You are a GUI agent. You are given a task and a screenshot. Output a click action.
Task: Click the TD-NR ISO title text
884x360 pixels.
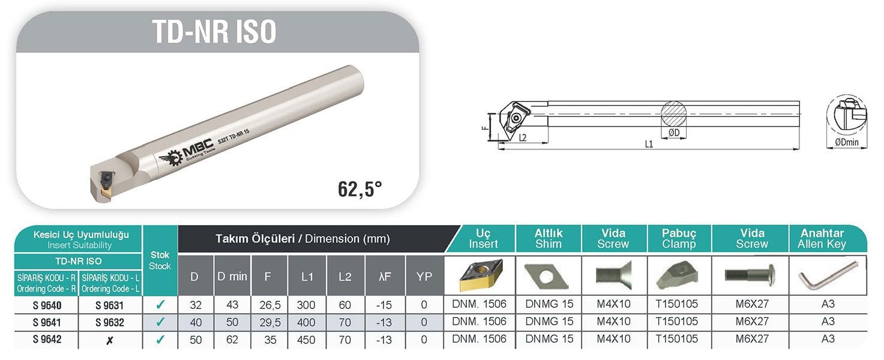pos(214,32)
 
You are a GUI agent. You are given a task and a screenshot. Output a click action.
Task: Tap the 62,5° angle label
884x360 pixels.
pos(359,188)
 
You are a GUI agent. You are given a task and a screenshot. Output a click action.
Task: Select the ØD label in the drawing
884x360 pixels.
pos(674,132)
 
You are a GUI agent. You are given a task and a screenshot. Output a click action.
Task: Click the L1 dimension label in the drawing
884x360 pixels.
pos(649,144)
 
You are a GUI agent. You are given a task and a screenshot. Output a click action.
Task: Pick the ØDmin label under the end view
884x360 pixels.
pos(847,142)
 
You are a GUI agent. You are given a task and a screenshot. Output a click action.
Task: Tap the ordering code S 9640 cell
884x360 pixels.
pos(47,305)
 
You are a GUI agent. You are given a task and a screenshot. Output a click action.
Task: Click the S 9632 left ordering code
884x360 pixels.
pos(110,323)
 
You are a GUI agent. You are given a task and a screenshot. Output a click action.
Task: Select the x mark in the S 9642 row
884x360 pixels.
pos(110,340)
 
